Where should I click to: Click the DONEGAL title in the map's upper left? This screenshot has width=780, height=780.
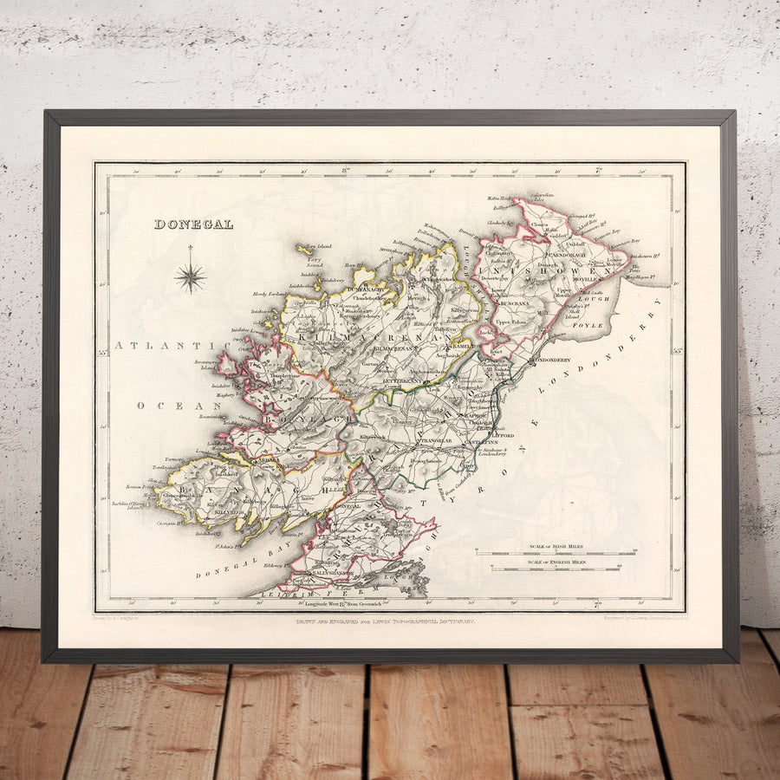click(193, 224)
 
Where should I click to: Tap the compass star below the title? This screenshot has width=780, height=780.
click(190, 277)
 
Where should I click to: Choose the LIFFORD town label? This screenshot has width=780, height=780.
click(503, 435)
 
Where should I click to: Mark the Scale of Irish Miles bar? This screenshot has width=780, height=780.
click(555, 553)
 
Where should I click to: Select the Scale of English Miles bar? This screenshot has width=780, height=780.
click(555, 568)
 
